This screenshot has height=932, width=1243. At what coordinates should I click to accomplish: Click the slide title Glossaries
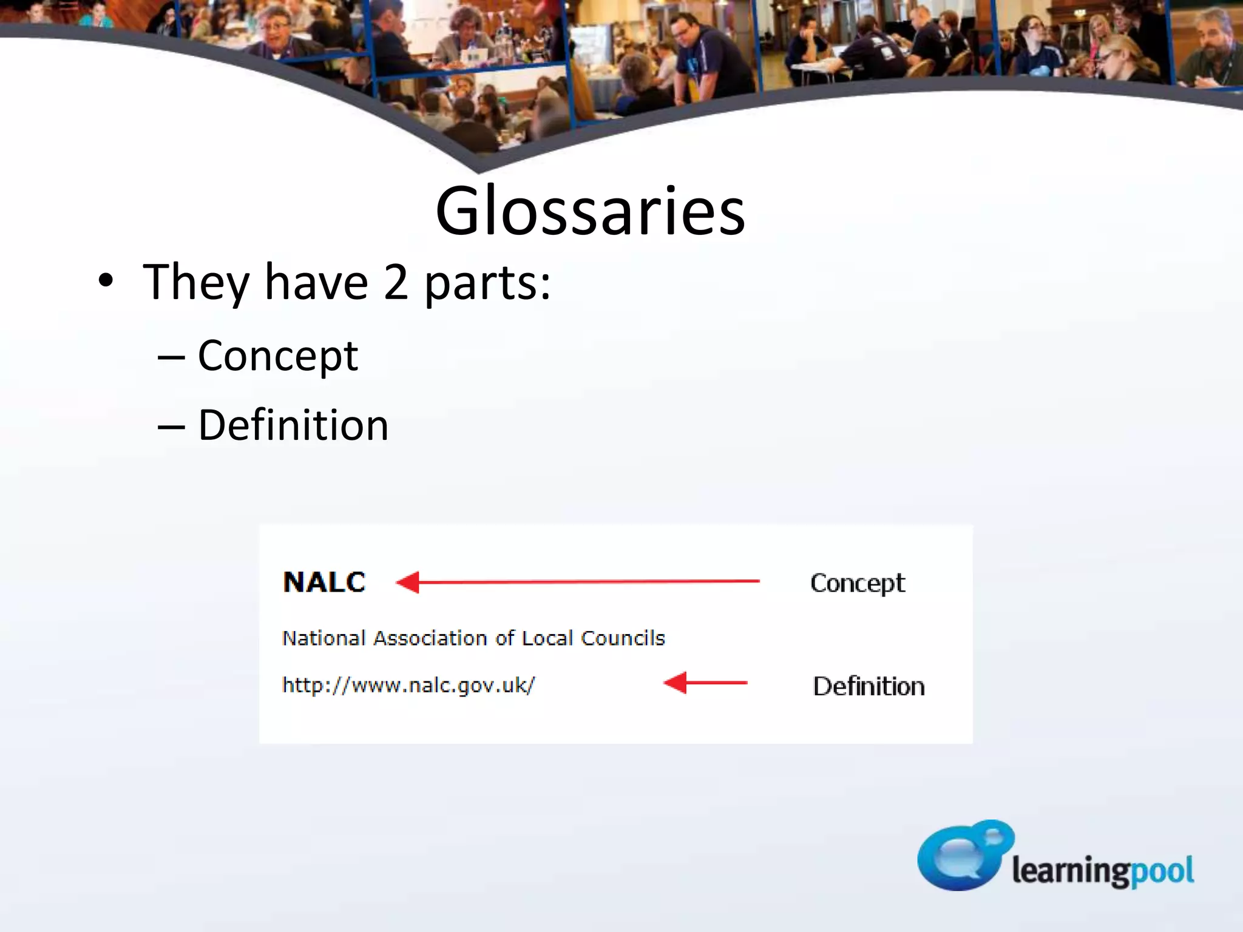tap(590, 211)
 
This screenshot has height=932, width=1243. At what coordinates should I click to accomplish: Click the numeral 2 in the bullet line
tap(396, 282)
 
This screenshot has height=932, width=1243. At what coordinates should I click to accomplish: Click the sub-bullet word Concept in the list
tap(278, 356)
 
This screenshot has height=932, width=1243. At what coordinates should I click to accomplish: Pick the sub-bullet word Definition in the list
tap(293, 425)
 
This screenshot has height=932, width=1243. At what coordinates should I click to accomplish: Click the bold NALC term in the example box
tap(324, 582)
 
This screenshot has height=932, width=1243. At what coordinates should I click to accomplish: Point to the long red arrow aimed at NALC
tap(577, 582)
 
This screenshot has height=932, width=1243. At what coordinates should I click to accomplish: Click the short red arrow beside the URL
tap(705, 683)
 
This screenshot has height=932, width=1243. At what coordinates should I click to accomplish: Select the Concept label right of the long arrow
tap(857, 584)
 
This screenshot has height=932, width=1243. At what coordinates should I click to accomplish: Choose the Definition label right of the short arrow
tap(869, 686)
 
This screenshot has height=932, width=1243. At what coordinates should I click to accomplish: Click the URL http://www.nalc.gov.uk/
tap(408, 686)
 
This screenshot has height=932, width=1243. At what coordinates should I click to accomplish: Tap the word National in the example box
tap(324, 638)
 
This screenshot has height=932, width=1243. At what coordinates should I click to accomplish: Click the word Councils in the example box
tap(623, 638)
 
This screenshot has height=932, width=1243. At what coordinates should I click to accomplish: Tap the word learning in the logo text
tap(1071, 871)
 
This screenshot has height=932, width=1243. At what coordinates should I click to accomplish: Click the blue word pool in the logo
tap(1162, 871)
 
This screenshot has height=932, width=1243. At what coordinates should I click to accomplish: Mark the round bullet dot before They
tap(106, 281)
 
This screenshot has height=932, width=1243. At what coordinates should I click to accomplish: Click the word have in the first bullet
tap(316, 282)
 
